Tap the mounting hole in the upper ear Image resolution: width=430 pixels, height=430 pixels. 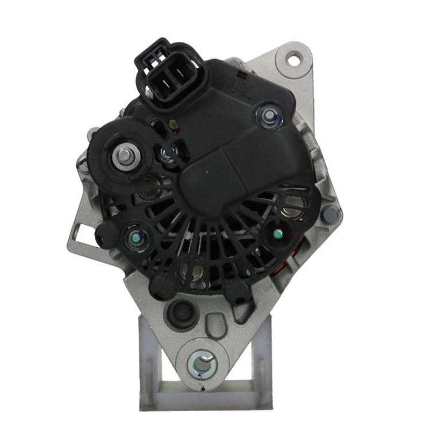coord(294,58)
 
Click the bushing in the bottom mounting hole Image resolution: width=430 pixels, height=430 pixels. coord(203,363)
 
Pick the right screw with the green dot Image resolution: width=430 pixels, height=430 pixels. coord(277,233)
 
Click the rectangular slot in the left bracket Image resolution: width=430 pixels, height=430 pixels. coord(81,232)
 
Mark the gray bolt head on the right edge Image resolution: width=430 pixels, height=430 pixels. coord(331,214)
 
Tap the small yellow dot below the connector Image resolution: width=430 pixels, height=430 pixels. coord(171,125)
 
